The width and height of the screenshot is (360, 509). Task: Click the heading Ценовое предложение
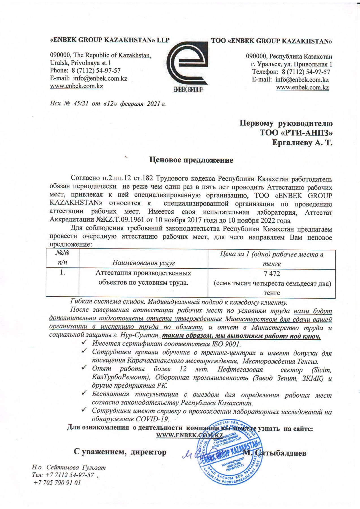tap(191, 160)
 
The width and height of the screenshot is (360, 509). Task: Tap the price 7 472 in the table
tap(271, 273)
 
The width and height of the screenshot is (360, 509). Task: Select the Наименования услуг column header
tap(143, 263)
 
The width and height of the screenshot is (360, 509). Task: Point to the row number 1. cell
tap(62, 273)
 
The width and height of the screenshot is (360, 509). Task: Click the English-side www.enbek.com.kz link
tap(76, 86)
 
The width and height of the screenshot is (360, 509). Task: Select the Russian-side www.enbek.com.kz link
tap(302, 87)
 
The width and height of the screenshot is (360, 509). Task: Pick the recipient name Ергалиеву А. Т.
tap(302, 143)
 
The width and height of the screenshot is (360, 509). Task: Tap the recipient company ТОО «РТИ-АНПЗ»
tap(296, 133)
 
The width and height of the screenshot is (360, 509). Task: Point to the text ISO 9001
tap(226, 344)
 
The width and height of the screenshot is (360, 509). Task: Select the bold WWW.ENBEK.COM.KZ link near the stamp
tap(189, 435)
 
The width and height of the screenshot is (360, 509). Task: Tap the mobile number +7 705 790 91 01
tap(57, 483)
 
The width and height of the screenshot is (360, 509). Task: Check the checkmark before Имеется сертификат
tap(84, 343)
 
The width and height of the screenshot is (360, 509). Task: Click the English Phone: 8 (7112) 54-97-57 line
tap(85, 70)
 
